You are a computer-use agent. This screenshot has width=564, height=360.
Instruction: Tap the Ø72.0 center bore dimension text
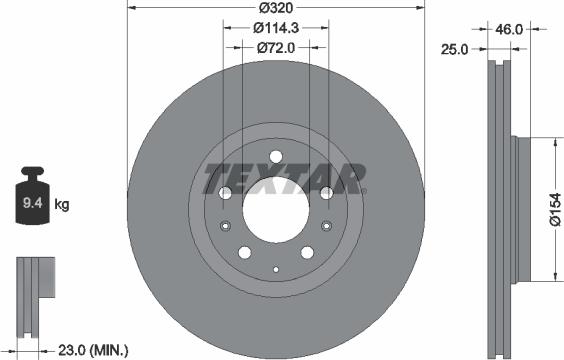tap(275, 47)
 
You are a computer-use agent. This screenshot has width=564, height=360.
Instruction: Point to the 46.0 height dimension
tap(510, 30)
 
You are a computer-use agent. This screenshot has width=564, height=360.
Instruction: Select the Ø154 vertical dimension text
tap(556, 212)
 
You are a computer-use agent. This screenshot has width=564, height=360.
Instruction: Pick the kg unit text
tap(61, 206)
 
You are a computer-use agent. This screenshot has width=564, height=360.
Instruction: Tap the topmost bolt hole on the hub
tap(275, 157)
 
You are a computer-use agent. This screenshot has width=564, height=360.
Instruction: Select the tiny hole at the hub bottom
tap(275, 268)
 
